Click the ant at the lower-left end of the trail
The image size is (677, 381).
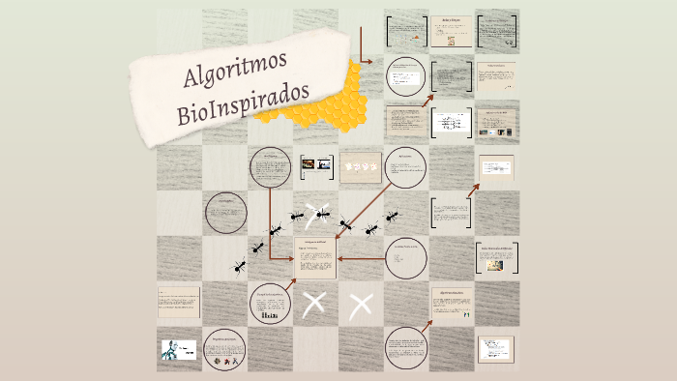point(238,265)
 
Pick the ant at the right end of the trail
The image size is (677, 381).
point(391,217)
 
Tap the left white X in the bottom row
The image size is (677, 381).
point(313,305)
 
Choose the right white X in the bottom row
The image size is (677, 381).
point(361,306)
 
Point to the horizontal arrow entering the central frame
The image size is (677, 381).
point(359,258)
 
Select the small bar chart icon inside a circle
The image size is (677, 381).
point(271,315)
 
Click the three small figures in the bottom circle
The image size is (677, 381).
point(225,362)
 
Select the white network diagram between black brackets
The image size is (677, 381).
point(450,123)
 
